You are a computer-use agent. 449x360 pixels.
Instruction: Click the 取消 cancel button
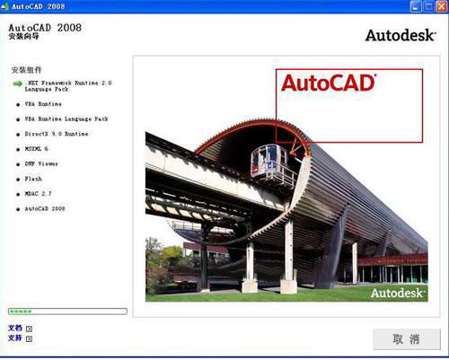click(406, 339)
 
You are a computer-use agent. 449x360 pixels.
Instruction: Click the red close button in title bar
click(440, 6)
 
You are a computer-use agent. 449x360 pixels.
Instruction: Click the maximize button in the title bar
click(428, 6)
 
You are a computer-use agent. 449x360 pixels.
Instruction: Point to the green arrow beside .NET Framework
click(17, 83)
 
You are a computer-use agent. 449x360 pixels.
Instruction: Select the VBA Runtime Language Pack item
click(66, 119)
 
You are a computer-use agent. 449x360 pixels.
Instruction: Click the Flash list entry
click(33, 179)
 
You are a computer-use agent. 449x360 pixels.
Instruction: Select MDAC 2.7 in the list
click(40, 193)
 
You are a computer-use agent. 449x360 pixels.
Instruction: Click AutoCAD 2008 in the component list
click(45, 208)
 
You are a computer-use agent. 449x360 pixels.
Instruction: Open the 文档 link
click(14, 328)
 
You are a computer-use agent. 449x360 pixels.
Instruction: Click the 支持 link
click(14, 338)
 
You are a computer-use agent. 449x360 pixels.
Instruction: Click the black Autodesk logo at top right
click(401, 36)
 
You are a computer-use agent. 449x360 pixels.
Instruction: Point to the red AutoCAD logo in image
click(328, 83)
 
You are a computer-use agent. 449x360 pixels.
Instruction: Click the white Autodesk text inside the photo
click(396, 293)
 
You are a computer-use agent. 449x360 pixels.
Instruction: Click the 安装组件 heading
click(27, 69)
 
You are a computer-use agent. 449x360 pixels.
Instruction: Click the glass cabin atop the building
click(269, 162)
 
